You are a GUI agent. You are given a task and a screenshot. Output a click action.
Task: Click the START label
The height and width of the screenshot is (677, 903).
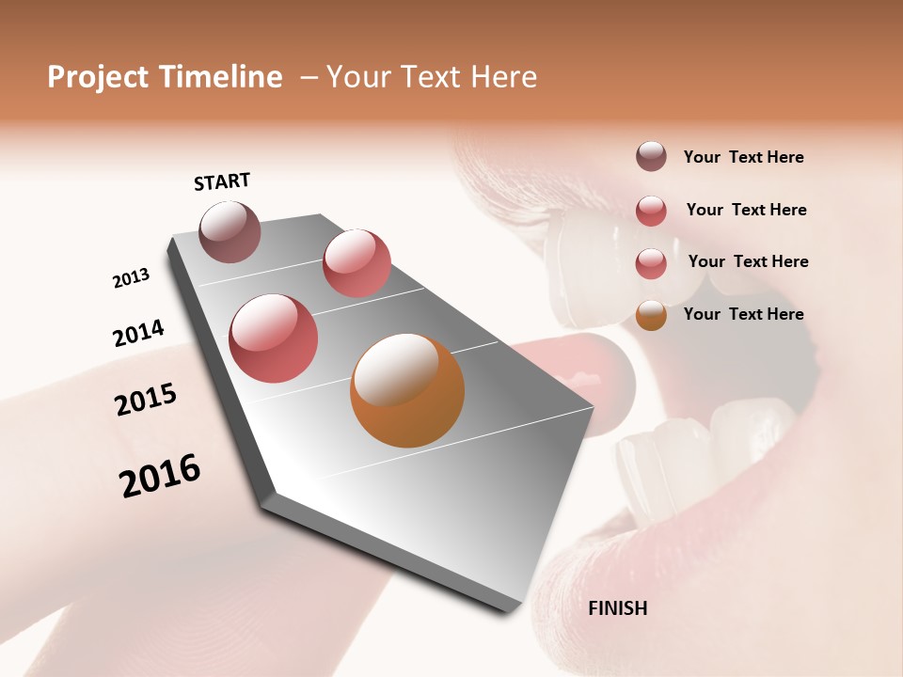point(222,181)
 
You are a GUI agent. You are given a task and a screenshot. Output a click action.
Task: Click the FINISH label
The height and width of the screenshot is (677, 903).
point(617,608)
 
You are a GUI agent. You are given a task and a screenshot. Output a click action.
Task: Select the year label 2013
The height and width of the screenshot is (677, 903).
point(131,278)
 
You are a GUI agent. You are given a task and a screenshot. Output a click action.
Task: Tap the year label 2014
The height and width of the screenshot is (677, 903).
point(138,334)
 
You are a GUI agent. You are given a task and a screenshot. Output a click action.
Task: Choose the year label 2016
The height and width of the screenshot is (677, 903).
point(160,476)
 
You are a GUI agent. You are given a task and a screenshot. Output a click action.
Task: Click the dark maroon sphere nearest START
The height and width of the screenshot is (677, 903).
point(230,231)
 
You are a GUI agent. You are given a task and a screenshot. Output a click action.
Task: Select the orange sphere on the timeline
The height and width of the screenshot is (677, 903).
point(407,390)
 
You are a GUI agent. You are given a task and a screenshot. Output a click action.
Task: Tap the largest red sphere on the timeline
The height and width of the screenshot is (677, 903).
point(274,338)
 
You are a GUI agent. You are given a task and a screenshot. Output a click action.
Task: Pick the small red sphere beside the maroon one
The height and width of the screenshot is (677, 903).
point(356,263)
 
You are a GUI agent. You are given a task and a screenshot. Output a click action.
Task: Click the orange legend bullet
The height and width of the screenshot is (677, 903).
point(651,315)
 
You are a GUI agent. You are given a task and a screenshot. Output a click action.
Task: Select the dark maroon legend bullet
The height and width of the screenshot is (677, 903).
point(651,156)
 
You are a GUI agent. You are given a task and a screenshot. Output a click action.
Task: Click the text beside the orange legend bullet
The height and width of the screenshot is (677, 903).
point(743,314)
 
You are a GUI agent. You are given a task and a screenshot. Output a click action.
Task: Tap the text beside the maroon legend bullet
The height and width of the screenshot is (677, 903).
point(743,157)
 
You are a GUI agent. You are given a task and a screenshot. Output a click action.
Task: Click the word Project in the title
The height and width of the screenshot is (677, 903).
point(97,77)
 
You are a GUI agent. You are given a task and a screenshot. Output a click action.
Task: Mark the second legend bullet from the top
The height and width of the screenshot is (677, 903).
point(651,211)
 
